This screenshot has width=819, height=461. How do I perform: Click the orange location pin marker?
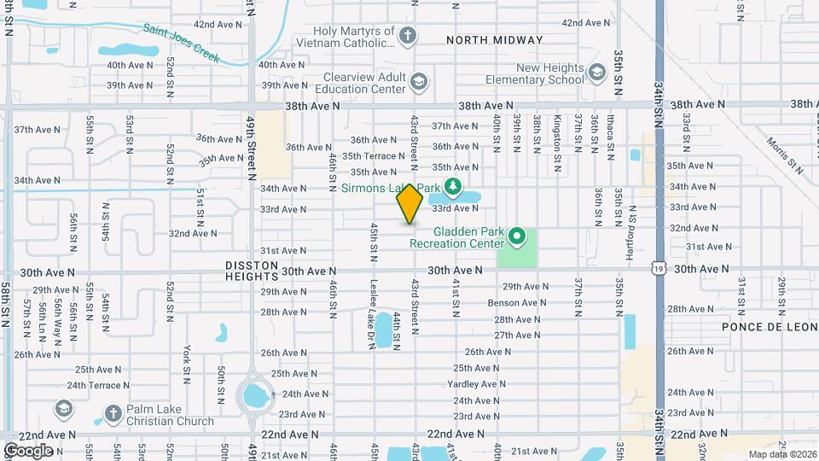click(410, 204)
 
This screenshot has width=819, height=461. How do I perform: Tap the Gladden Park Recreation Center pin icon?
click(515, 235)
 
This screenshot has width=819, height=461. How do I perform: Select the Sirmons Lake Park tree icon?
click(453, 186)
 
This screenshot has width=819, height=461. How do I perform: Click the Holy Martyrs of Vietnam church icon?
click(409, 35)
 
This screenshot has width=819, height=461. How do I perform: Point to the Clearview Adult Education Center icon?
click(418, 81)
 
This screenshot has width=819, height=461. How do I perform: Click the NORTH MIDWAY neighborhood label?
click(494, 40)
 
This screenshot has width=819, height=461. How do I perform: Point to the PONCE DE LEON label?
click(764, 327)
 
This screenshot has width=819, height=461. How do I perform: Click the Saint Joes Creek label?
click(182, 43)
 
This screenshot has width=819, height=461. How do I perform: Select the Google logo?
click(28, 450)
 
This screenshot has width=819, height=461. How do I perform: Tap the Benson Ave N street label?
click(517, 303)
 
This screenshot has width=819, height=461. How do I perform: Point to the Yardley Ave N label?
click(475, 384)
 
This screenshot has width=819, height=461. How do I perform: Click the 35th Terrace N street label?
click(374, 156)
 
